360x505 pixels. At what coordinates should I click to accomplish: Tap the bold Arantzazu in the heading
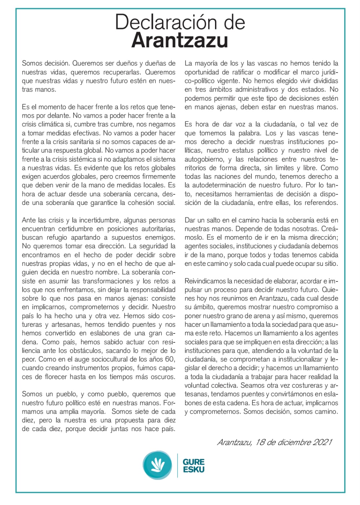click(180, 41)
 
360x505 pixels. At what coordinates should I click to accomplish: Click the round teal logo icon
click(157, 465)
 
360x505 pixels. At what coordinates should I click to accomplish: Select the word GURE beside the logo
click(194, 462)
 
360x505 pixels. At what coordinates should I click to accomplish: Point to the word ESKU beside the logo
click(194, 469)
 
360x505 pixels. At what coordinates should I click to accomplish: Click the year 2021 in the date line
click(322, 442)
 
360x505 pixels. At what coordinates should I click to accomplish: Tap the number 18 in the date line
click(261, 442)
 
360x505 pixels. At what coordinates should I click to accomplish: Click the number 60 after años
click(170, 359)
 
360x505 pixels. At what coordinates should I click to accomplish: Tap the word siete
click(142, 411)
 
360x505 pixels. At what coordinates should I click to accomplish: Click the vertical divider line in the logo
click(177, 465)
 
